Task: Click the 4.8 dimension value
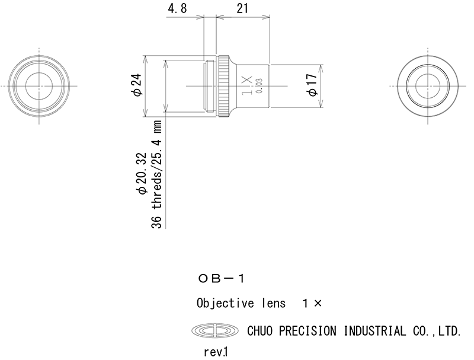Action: (177, 8)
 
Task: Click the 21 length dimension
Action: (242, 8)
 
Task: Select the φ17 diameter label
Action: (312, 85)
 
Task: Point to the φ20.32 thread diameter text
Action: (141, 174)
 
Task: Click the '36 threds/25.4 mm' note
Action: (156, 174)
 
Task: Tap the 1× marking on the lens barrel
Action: (247, 85)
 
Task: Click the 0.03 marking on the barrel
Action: (260, 86)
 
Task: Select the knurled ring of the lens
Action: (224, 86)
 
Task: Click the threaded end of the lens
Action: (210, 86)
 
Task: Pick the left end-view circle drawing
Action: (39, 86)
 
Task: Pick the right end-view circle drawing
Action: (428, 86)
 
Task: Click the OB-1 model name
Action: (221, 279)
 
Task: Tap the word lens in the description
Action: (274, 304)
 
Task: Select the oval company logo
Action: (215, 331)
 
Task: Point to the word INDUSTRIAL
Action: (375, 331)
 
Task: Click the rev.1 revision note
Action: (216, 352)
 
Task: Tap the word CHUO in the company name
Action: (260, 331)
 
